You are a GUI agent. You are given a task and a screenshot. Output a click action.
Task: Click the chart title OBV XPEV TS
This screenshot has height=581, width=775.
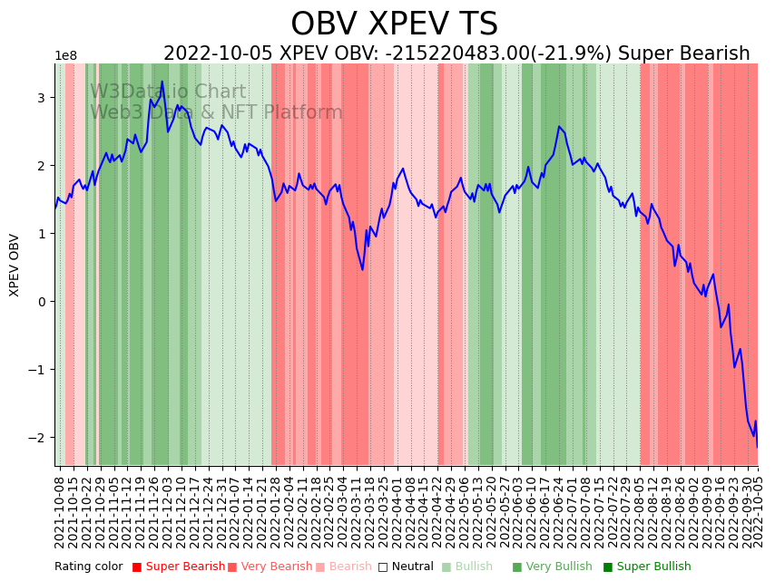[394, 24]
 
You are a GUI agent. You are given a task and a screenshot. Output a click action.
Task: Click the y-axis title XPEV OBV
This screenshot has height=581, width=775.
[15, 265]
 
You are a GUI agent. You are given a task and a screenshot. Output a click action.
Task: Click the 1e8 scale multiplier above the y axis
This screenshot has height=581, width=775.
[66, 56]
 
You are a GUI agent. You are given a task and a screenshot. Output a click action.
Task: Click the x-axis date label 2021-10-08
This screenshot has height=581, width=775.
[60, 512]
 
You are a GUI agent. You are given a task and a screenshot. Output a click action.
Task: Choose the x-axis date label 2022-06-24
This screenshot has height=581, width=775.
[559, 512]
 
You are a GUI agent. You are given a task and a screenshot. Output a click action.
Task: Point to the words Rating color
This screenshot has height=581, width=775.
[88, 567]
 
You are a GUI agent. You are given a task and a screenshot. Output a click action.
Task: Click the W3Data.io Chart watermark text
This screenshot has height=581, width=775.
[168, 92]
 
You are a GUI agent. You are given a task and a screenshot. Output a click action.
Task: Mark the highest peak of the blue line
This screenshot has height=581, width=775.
[162, 82]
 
